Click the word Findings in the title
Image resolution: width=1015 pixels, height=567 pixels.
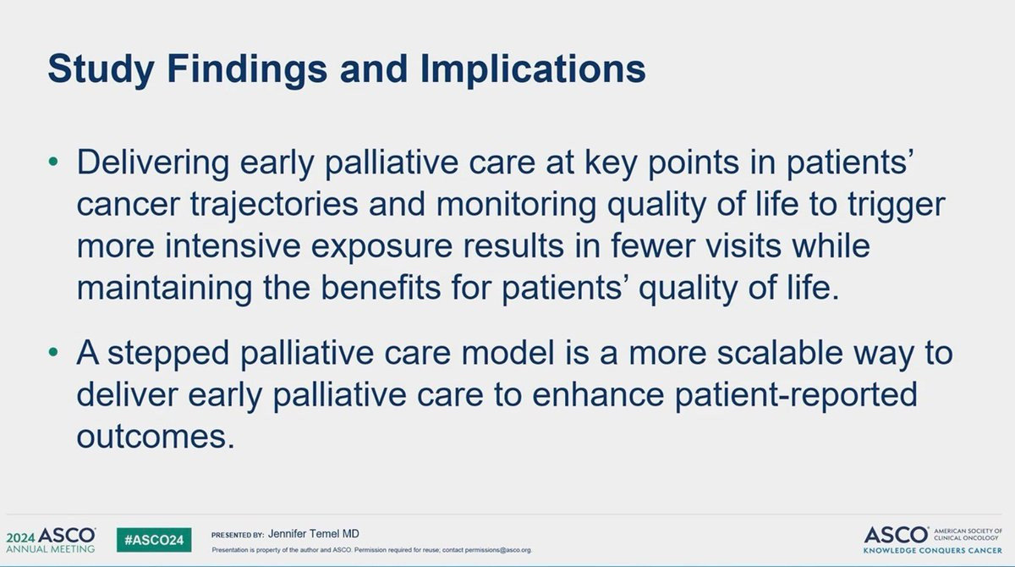(x=247, y=69)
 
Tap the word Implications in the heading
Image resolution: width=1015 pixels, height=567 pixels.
(x=533, y=69)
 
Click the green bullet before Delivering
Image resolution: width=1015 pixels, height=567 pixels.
(x=53, y=162)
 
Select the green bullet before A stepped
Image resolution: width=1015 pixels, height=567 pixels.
(x=53, y=352)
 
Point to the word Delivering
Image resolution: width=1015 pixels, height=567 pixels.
(x=153, y=162)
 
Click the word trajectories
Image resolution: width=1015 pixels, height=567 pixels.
(x=274, y=205)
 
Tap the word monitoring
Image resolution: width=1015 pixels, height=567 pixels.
(x=516, y=205)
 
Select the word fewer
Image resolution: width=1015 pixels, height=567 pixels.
(x=651, y=246)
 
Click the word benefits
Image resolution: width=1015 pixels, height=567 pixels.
(x=381, y=288)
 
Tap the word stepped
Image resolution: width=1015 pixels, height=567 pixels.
(x=168, y=353)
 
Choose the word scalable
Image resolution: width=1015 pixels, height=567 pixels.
(x=780, y=353)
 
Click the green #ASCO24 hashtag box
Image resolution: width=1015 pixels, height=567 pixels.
(x=154, y=540)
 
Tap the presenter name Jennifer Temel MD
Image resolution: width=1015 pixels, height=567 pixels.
(x=314, y=534)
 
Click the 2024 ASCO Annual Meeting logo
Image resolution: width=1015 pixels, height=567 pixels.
(x=51, y=540)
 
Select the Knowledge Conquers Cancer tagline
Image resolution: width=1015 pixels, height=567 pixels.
(x=932, y=551)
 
